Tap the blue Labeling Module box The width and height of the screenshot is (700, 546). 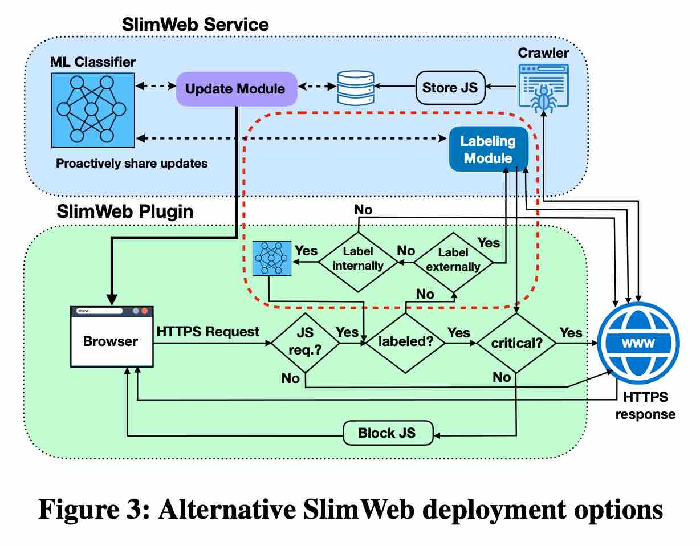click(489, 149)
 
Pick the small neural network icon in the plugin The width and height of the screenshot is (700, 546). click(271, 258)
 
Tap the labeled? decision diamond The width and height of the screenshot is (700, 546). click(405, 343)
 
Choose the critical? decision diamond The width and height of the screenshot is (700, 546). click(516, 343)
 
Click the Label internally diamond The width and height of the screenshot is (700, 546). click(358, 258)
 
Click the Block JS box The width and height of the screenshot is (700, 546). click(388, 434)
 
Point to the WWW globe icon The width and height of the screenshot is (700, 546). click(638, 342)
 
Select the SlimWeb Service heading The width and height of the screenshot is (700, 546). click(196, 25)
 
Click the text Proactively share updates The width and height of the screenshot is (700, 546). click(132, 164)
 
